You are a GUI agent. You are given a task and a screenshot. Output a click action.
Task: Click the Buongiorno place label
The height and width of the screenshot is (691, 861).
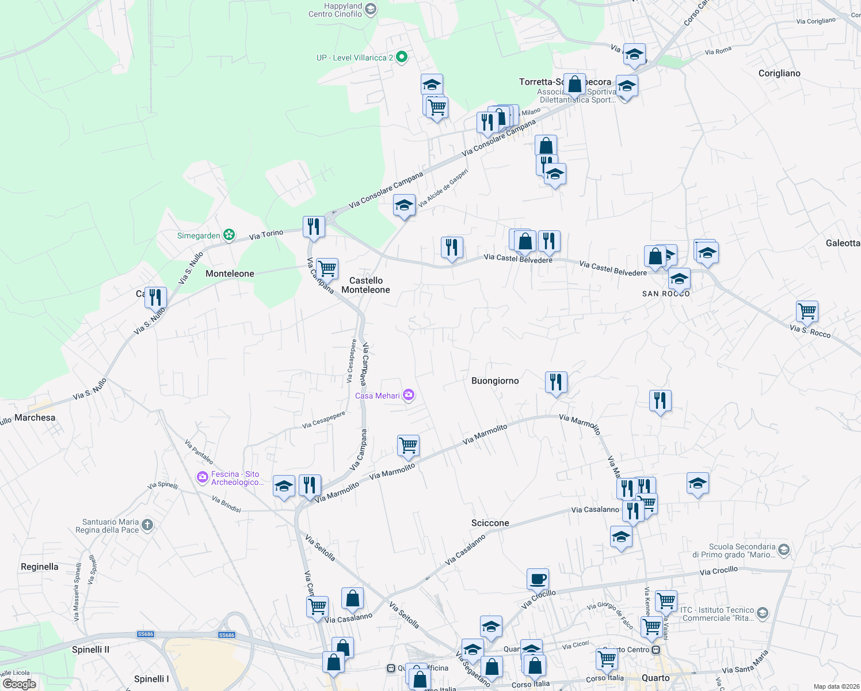pos(495,381)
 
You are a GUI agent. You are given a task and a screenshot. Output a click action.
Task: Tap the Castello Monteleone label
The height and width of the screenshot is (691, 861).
pos(365,285)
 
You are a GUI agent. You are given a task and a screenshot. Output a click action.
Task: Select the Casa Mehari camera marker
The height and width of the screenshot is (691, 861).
pos(409,395)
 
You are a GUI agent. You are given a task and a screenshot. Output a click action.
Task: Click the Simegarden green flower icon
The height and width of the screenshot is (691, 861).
pos(230,235)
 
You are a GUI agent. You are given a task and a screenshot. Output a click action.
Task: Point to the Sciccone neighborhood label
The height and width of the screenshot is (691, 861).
pos(490,523)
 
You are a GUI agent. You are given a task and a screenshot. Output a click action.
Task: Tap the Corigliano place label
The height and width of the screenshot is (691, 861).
pos(779,73)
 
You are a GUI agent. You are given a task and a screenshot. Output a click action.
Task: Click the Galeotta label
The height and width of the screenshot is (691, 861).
pos(843,243)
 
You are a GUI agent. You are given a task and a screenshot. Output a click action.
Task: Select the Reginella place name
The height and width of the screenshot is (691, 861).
pos(39,567)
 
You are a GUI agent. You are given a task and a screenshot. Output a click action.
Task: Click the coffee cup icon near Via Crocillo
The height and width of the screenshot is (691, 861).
pos(538,579)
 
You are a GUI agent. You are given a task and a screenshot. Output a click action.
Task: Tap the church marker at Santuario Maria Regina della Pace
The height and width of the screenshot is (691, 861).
pos(147,525)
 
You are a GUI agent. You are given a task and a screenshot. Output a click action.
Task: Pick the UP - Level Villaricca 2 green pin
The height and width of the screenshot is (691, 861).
pos(402,57)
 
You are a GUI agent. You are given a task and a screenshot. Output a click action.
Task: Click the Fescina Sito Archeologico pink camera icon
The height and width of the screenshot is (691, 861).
pos(202,477)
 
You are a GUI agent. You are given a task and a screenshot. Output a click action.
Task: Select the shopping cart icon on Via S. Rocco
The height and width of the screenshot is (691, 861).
pos(807,311)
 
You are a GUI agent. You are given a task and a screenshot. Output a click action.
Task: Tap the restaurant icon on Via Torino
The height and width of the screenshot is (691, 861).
pos(314,226)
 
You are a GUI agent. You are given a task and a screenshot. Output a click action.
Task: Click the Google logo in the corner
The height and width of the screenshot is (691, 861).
pos(19,684)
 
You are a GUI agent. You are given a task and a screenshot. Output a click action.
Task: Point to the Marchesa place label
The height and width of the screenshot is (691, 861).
pos(35,417)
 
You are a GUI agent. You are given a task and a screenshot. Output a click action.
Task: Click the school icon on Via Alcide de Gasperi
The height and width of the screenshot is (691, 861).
pos(404,206)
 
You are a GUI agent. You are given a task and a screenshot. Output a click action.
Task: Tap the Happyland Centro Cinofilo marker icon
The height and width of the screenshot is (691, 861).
pos(371,9)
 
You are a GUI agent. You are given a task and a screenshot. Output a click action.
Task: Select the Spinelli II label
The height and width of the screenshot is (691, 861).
pos(90,650)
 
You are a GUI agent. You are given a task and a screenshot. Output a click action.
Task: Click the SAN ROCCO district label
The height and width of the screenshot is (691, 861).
pos(666,294)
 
